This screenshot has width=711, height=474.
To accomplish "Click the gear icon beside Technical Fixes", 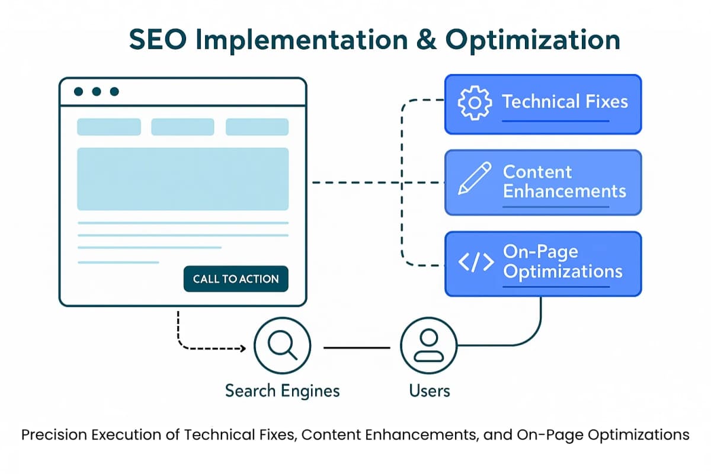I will coord(474,102).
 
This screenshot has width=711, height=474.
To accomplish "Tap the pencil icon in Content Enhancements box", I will coord(475,179).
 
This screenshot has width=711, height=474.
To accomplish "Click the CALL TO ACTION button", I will coord(236,279).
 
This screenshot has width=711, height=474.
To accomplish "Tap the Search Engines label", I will coord(282,390).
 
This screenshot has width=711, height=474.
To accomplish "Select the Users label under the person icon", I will coord(429,390).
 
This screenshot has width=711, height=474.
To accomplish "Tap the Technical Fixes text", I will coord(565,101).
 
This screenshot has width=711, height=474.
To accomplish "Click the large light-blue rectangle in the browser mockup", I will coord(182,179).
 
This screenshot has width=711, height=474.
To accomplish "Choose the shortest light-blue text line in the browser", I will coord(118,262).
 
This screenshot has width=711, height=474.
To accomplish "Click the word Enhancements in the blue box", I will coord(564,191).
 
